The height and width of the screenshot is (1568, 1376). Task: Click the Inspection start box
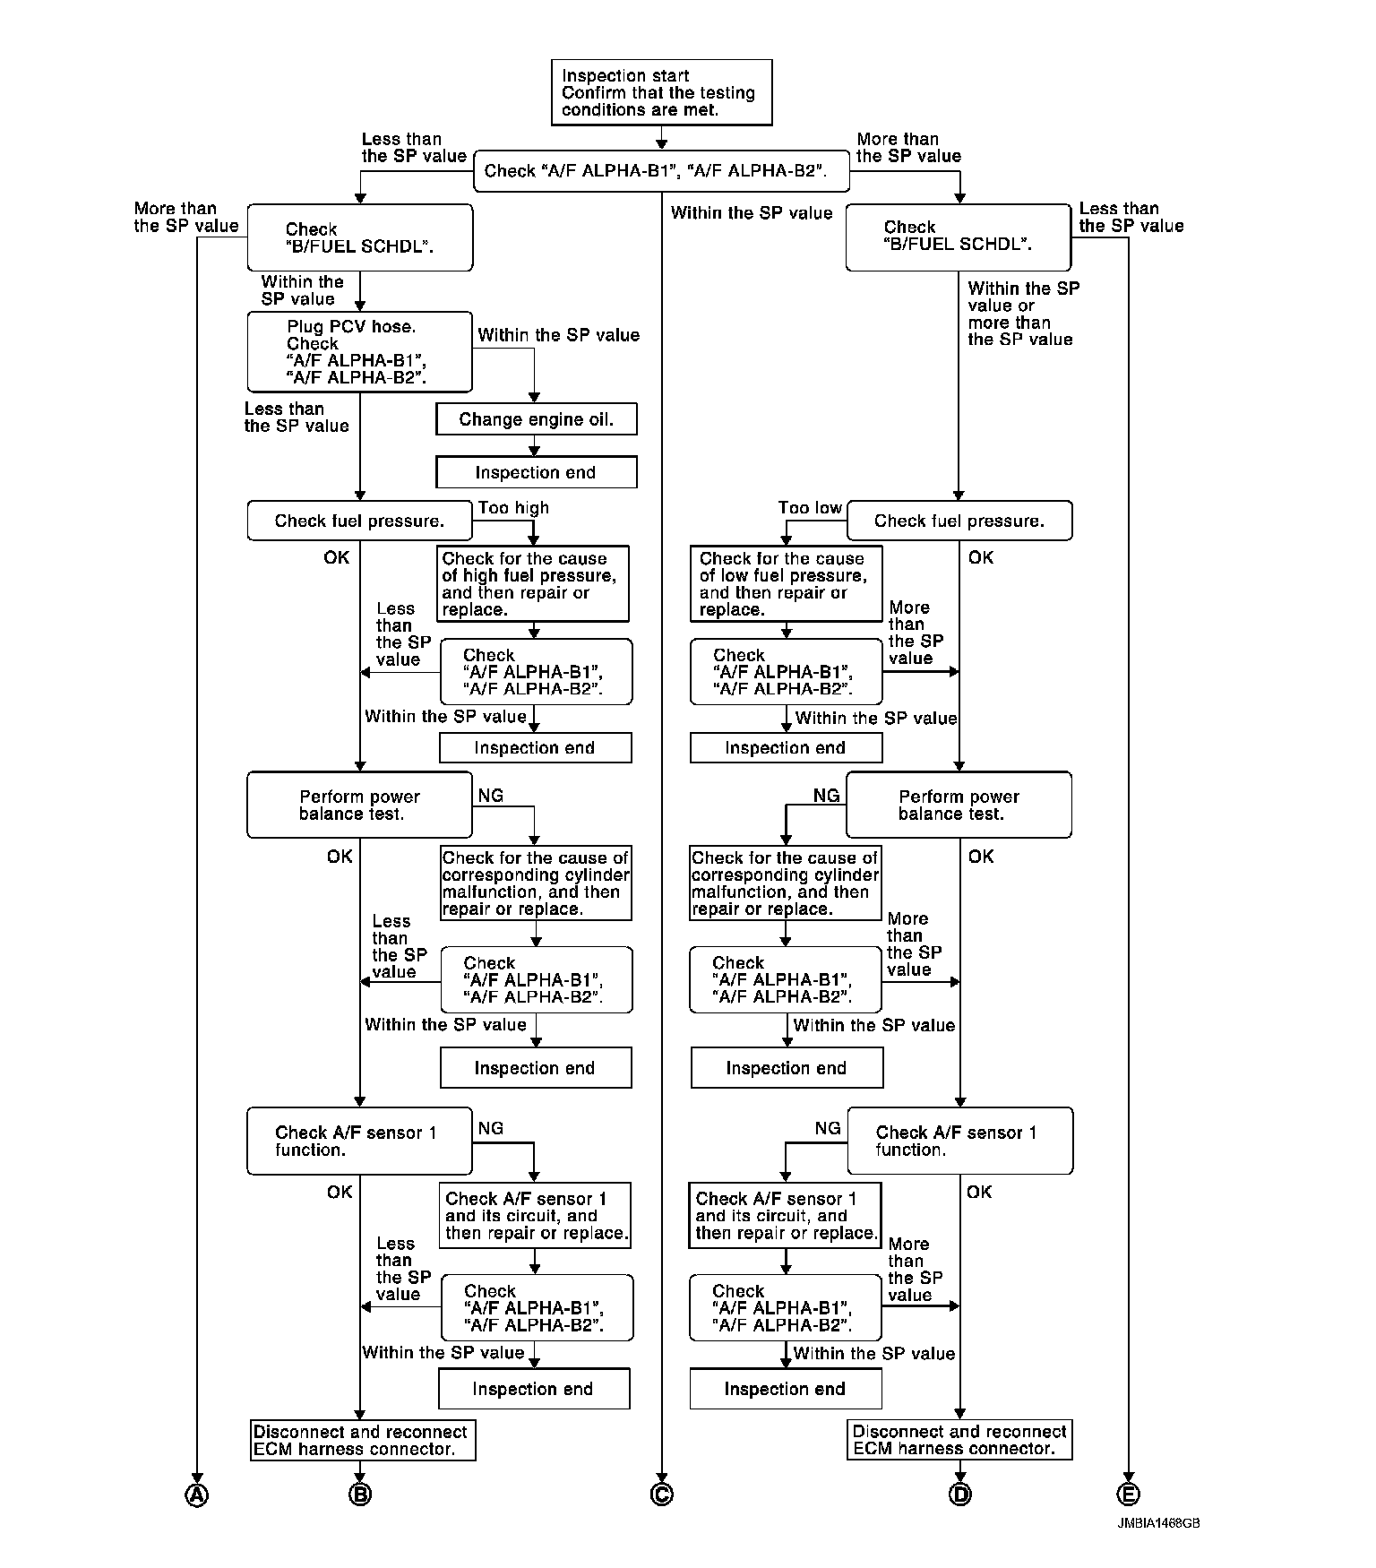click(x=661, y=92)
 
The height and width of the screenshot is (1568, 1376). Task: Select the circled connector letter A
click(x=196, y=1495)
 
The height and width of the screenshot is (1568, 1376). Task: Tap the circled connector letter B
click(x=360, y=1495)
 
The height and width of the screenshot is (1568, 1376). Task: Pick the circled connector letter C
click(x=662, y=1495)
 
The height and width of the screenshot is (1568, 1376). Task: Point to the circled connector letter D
click(x=959, y=1495)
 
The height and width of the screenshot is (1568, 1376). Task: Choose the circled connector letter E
click(x=1128, y=1495)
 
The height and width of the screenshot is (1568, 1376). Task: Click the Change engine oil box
click(x=536, y=419)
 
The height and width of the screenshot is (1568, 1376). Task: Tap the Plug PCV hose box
click(x=359, y=352)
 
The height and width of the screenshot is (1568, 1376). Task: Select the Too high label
click(x=513, y=508)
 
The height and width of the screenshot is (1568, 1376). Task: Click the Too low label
click(x=810, y=508)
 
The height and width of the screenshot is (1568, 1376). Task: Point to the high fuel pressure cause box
click(x=534, y=583)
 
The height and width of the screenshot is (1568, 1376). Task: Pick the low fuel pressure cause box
click(x=786, y=583)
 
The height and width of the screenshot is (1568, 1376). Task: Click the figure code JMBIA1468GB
click(x=1158, y=1523)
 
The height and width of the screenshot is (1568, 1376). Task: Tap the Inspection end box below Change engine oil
click(x=536, y=472)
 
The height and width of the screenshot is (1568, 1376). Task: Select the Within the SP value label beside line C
click(x=751, y=212)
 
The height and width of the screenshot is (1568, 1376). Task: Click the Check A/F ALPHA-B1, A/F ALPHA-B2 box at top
click(x=661, y=170)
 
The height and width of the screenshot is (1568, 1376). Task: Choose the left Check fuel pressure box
click(x=359, y=521)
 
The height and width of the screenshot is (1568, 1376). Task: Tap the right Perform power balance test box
click(x=959, y=805)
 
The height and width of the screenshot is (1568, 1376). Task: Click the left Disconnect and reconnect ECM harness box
click(x=362, y=1440)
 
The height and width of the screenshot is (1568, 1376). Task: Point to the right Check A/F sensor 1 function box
click(x=959, y=1141)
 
